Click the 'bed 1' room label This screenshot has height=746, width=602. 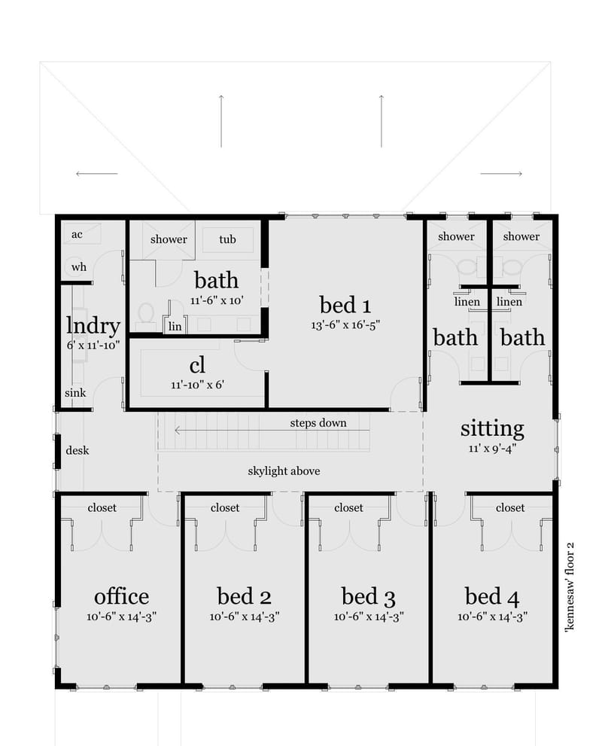pos(345,305)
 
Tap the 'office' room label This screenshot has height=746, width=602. pos(121,597)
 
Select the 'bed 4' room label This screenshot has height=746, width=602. pos(492,597)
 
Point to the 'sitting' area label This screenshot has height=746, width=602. pos(492,428)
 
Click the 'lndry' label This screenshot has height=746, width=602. pos(93,326)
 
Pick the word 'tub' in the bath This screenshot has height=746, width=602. pos(227,239)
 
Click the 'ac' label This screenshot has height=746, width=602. pos(77,234)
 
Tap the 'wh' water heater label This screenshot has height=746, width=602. pos(78,266)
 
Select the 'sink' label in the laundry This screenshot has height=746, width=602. pos(75,393)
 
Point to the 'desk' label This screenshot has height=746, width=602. pos(78,450)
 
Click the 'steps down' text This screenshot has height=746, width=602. pos(318,422)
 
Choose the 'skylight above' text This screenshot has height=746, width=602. pos(284,471)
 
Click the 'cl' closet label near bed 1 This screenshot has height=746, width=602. pos(197,366)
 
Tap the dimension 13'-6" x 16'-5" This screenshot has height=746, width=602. pos(345,326)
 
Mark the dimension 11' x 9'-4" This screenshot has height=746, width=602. pos(492,448)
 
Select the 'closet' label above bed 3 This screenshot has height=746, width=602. pos(348,508)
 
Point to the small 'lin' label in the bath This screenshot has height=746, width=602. pos(175,326)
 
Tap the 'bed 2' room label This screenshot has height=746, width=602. pos(244,597)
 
